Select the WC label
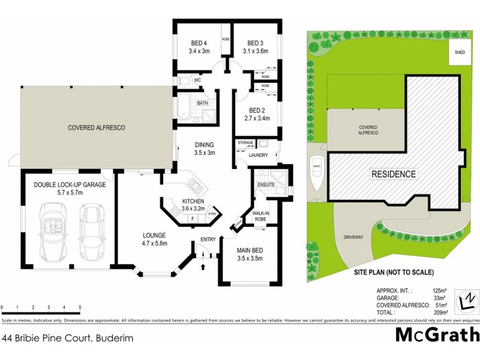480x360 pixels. tap(197, 80)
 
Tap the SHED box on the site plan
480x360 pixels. tap(460, 53)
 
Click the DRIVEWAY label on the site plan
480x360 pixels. tap(353, 237)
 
